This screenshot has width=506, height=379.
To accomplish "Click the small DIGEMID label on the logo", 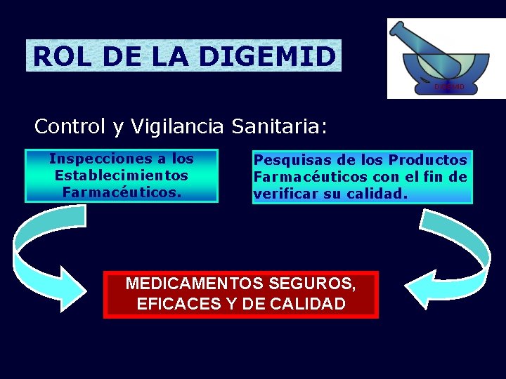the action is [x=449, y=86].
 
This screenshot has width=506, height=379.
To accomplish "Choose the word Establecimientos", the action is [x=122, y=175].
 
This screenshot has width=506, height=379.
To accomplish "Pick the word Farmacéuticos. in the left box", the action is [x=122, y=191].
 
